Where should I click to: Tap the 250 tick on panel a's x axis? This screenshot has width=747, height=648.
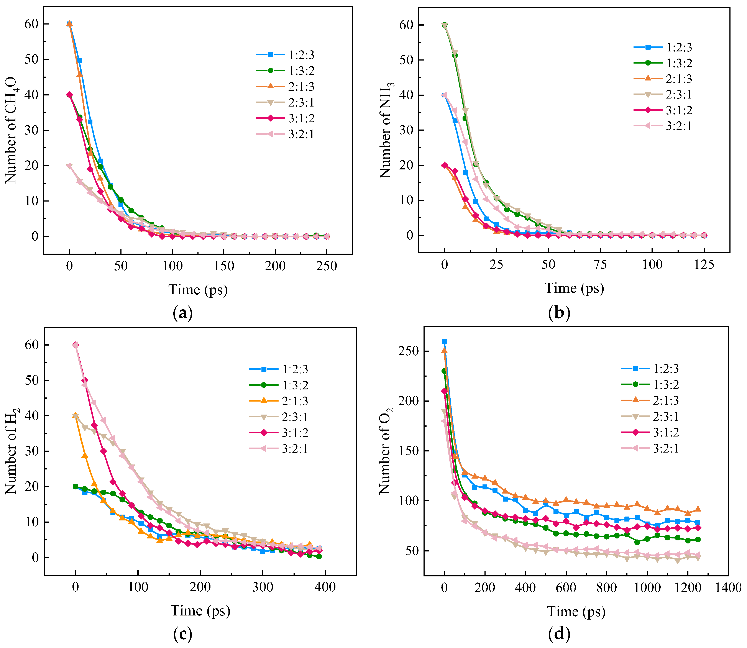[327, 266]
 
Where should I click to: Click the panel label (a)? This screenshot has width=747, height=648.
[183, 313]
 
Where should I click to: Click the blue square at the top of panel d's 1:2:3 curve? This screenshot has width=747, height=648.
[444, 341]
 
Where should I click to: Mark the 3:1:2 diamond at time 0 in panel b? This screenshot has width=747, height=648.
[445, 165]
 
